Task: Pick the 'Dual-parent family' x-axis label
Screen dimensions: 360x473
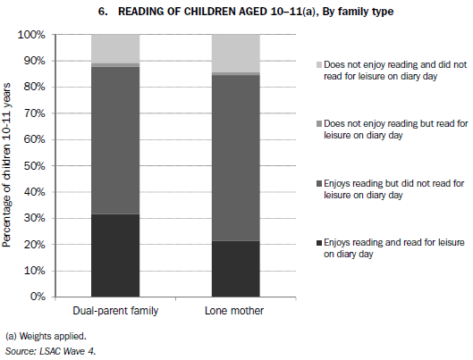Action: (115, 310)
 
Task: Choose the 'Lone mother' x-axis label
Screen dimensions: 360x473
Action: (235, 310)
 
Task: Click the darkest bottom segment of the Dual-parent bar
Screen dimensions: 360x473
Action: (115, 255)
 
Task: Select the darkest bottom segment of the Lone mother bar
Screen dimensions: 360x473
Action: (235, 268)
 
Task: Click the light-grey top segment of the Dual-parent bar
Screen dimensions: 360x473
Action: (115, 48)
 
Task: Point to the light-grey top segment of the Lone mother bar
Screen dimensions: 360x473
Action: (235, 53)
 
